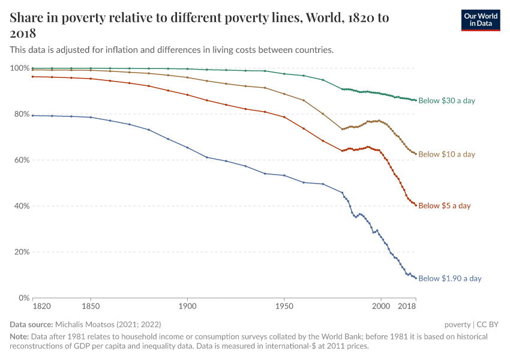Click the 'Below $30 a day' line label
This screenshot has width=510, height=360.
[x=446, y=101]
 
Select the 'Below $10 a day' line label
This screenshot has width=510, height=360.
[x=446, y=154]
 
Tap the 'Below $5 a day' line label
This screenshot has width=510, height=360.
[x=444, y=206]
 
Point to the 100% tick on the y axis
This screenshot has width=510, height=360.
[x=20, y=68]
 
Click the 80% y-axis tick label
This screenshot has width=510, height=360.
[x=22, y=114]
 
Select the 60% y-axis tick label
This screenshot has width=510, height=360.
[x=22, y=160]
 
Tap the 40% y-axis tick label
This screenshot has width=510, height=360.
[x=22, y=206]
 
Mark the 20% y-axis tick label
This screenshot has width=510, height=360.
[x=22, y=252]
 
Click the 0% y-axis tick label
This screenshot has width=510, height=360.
[x=24, y=298]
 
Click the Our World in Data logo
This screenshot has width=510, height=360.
[x=480, y=20]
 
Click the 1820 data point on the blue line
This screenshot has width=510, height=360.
[x=33, y=115]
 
